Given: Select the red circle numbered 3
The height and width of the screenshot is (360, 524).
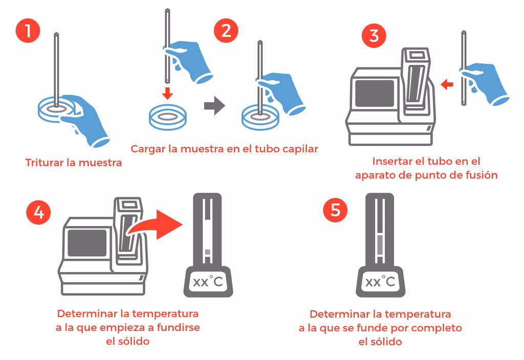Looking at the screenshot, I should click(x=374, y=36).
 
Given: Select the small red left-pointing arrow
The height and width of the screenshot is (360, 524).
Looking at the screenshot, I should click(x=447, y=84).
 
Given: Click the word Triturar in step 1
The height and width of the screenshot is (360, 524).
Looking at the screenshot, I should click(x=43, y=163).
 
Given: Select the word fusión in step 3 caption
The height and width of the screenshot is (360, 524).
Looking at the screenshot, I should click(x=481, y=175).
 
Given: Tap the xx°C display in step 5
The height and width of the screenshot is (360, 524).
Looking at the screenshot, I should click(x=380, y=281).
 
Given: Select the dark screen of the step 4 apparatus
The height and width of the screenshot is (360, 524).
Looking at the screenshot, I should click(x=88, y=242).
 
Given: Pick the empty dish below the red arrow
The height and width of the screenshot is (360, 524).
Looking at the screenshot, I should click(x=167, y=116).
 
